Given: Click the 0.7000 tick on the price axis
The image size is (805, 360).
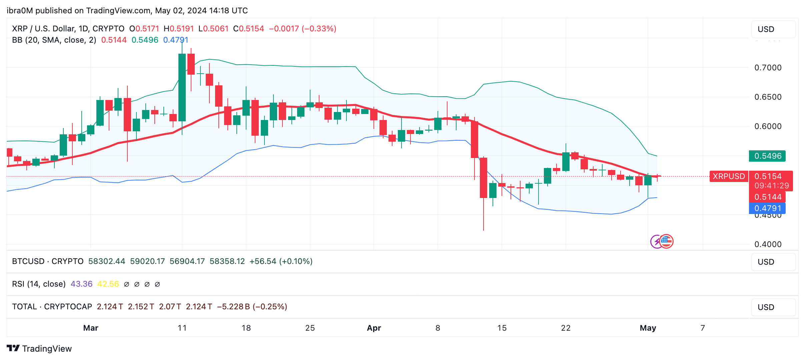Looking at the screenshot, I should pyautogui.click(x=768, y=68).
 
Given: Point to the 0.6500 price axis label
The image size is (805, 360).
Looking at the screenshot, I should pyautogui.click(x=768, y=97).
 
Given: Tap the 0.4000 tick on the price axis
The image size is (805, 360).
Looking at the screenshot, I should pyautogui.click(x=768, y=244).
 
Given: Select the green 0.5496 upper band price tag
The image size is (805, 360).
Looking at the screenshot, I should pyautogui.click(x=767, y=156).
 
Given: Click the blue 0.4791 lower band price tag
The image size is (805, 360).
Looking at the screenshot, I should pyautogui.click(x=767, y=208).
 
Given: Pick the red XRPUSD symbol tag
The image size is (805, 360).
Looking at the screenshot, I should pyautogui.click(x=729, y=176).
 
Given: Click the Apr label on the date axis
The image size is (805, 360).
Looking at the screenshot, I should pyautogui.click(x=374, y=328).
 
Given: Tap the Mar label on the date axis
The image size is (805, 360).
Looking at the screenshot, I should pyautogui.click(x=91, y=328).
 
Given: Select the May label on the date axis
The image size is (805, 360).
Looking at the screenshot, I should pyautogui.click(x=648, y=328).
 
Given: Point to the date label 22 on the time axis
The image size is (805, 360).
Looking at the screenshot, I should pyautogui.click(x=566, y=328).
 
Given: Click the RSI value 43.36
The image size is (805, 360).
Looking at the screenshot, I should pyautogui.click(x=81, y=284).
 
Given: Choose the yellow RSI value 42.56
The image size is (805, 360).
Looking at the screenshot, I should pyautogui.click(x=108, y=284).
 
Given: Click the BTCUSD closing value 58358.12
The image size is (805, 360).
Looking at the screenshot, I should pyautogui.click(x=227, y=261).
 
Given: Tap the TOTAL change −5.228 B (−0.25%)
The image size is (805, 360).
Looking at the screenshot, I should pyautogui.click(x=252, y=307).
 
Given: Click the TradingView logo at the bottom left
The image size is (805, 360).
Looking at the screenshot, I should pyautogui.click(x=39, y=349).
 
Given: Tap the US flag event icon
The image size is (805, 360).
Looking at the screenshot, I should pyautogui.click(x=667, y=241).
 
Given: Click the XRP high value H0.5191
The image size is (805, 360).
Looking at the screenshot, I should pyautogui.click(x=179, y=29).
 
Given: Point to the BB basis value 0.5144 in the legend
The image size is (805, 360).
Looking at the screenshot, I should pyautogui.click(x=114, y=40).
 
